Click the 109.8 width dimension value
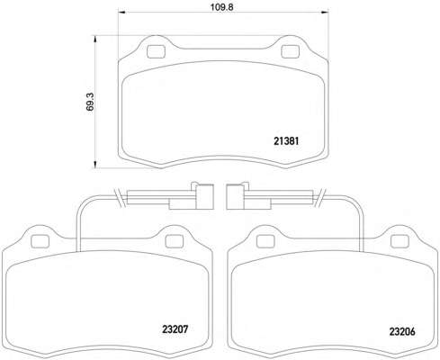tap(221, 7)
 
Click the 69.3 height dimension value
tap(90, 102)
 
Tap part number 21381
tap(286, 141)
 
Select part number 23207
tap(175, 329)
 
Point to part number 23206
tap(402, 331)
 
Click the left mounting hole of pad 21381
tap(157, 51)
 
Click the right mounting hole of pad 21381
tap(290, 51)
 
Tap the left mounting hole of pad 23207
tap(40, 241)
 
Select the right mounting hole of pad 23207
tap(175, 241)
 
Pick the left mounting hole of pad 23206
tap(266, 241)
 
